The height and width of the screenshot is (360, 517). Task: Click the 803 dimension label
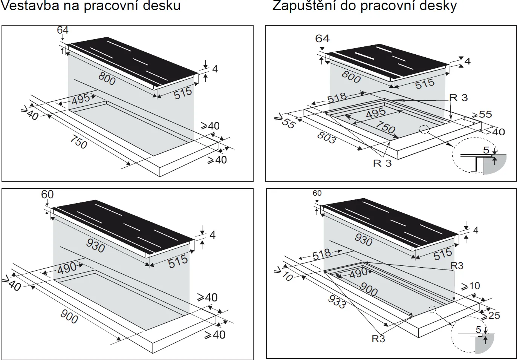(326, 138)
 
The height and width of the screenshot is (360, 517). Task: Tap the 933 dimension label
(337, 302)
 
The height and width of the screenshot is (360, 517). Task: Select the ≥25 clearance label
(491, 315)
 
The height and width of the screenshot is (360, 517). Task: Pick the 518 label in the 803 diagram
(337, 97)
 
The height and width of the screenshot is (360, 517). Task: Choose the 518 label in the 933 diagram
(321, 254)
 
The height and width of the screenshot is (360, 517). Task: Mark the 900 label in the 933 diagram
(368, 289)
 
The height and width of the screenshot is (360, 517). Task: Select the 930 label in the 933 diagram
(363, 239)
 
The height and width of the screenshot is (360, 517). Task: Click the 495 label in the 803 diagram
(376, 112)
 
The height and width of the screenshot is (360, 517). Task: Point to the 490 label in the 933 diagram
(358, 273)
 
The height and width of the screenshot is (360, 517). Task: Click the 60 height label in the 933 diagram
(317, 193)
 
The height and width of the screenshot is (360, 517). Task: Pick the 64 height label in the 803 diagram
(322, 38)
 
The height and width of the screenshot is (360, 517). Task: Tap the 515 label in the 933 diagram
(442, 254)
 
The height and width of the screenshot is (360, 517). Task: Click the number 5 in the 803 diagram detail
(486, 150)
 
